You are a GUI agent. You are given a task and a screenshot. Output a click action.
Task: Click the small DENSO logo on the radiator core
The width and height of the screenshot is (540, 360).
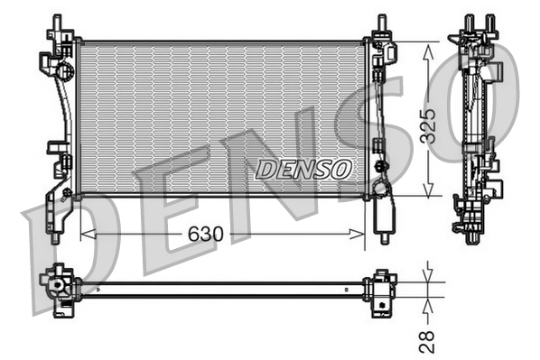(x=303, y=169)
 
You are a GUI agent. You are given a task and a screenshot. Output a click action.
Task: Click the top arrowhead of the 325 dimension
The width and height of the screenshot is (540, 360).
(x=428, y=48)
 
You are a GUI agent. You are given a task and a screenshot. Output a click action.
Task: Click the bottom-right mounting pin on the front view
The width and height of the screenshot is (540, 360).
(x=385, y=236)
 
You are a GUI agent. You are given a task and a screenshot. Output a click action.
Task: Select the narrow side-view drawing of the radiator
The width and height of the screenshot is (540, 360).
(x=476, y=126)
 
